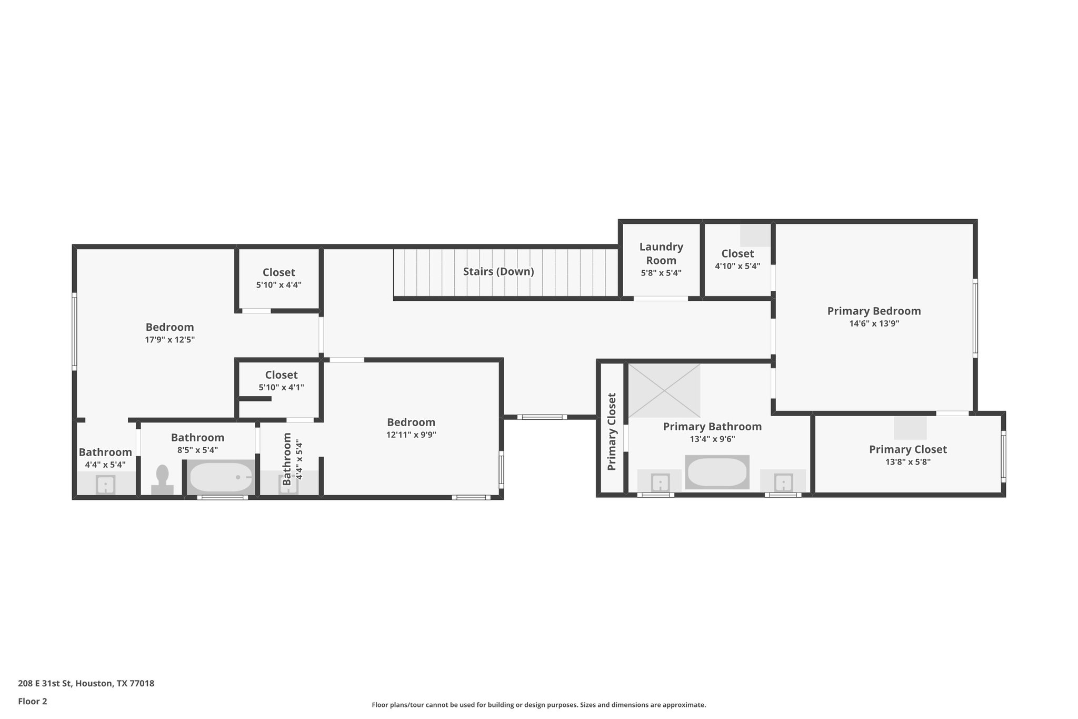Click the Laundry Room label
coord(661,253)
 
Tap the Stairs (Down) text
coord(498,271)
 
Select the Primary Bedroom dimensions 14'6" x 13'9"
coord(874,323)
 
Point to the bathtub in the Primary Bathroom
coord(717,472)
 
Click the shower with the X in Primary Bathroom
coord(664,390)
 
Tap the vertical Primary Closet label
coord(612,431)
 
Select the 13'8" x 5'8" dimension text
coord(907,462)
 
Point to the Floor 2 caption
coord(33,701)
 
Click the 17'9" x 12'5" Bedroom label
coord(169,327)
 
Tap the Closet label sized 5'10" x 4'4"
coord(278,272)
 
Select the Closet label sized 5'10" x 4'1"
coord(281,375)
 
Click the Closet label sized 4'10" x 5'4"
coord(737,253)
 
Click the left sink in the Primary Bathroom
coord(660,482)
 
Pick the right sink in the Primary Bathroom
coord(783,482)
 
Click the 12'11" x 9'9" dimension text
coord(411,435)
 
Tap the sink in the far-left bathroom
coord(105,484)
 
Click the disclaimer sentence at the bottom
coord(538,705)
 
